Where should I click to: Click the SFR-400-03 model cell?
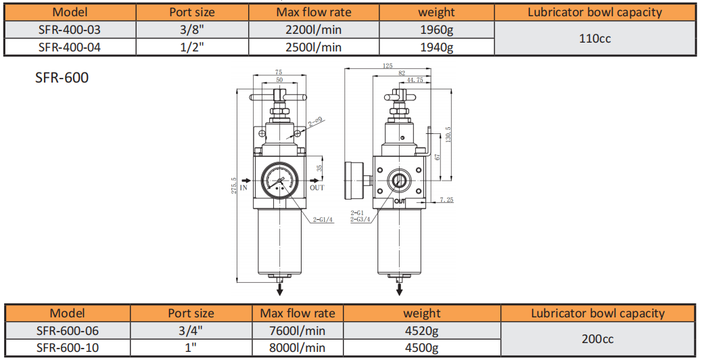click(70, 30)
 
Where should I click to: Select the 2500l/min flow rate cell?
click(313, 47)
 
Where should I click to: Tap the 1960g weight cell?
click(436, 30)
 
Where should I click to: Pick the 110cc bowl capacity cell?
click(595, 38)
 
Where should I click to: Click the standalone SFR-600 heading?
click(62, 78)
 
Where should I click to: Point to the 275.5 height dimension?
click(233, 185)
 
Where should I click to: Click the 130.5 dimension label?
click(448, 135)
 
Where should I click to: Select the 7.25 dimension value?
click(446, 200)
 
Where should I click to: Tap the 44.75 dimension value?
click(415, 80)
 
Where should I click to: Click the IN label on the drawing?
click(243, 187)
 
